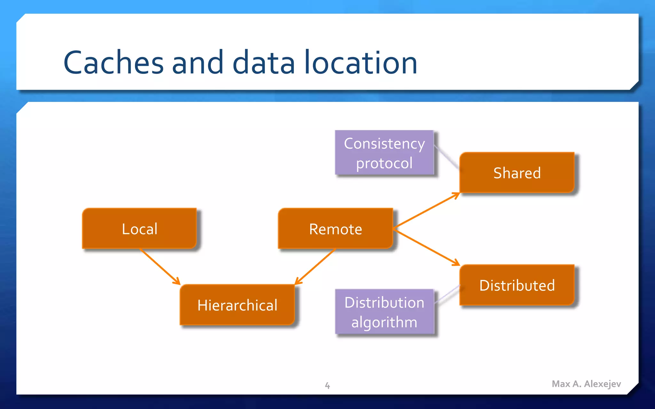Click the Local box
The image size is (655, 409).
[139, 228]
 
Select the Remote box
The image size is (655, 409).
[335, 228]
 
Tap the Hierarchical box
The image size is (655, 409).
[237, 305]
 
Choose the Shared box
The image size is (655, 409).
[517, 173]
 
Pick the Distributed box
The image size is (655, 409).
[517, 285]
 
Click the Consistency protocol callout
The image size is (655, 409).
[384, 153]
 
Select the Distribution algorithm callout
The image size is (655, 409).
[384, 312]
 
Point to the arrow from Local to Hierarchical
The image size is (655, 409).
[160, 266]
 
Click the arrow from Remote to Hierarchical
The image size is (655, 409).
[315, 266]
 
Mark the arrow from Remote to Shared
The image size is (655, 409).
[426, 210]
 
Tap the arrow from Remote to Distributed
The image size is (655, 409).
[426, 247]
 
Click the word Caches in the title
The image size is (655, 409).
[114, 63]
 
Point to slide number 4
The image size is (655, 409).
[327, 385]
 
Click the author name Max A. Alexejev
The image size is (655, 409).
[586, 384]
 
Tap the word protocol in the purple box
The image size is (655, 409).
[384, 163]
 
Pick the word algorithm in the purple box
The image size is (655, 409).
[384, 322]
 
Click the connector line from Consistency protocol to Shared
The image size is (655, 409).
[447, 157]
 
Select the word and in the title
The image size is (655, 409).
[197, 63]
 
